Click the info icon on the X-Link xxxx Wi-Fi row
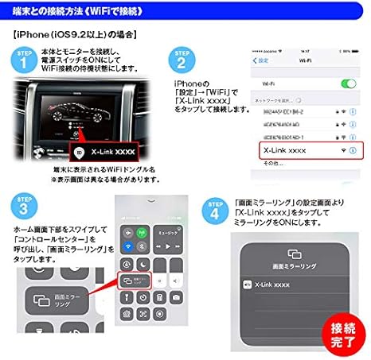pos(352,149)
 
